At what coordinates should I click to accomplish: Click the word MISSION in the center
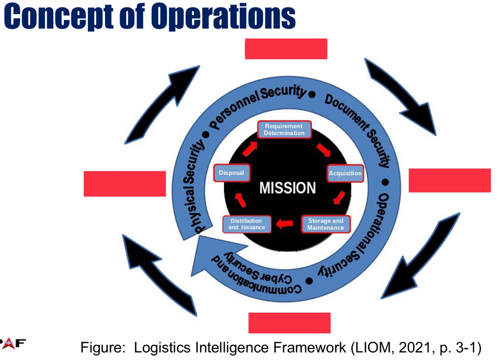coord(287,188)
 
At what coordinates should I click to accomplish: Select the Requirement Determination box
coord(284,130)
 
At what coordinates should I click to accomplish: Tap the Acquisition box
coord(345,173)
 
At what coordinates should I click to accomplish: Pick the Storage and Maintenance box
coord(326,224)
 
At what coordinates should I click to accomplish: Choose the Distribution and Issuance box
coord(247,224)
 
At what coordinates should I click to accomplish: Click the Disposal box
coord(231,173)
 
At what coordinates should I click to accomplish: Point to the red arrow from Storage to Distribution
coord(285,223)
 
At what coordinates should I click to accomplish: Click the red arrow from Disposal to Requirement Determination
coord(250,149)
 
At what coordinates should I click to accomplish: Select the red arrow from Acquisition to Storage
coord(339,197)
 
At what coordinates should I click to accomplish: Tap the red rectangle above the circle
coord(286,49)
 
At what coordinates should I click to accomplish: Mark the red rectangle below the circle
coord(289,323)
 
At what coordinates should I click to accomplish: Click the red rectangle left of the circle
coord(124,184)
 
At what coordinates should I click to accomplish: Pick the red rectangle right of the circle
coord(449,180)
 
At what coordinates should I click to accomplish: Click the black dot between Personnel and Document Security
coord(312,95)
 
